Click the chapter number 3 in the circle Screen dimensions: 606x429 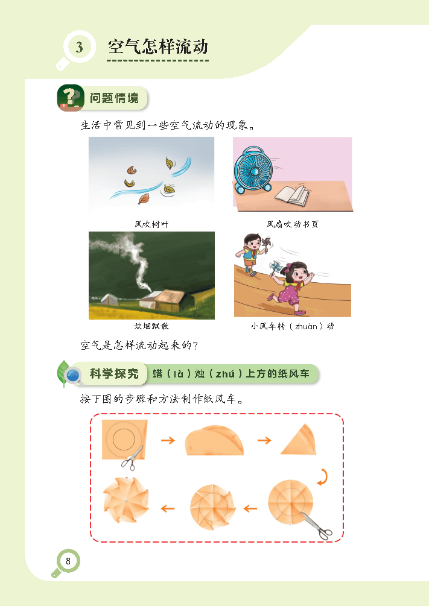click(80, 46)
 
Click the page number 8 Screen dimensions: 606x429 click(68, 561)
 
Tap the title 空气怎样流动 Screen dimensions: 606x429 click(157, 46)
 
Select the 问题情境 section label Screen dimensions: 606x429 click(114, 98)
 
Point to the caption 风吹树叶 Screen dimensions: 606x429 click(151, 224)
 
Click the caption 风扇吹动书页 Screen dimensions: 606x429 click(293, 224)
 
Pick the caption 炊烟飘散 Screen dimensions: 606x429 click(151, 326)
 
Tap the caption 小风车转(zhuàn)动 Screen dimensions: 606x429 click(293, 326)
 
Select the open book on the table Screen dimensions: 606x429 click(293, 194)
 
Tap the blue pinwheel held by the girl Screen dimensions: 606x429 click(275, 269)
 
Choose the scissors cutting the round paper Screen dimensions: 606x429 click(316, 525)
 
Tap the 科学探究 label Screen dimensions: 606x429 click(114, 374)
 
